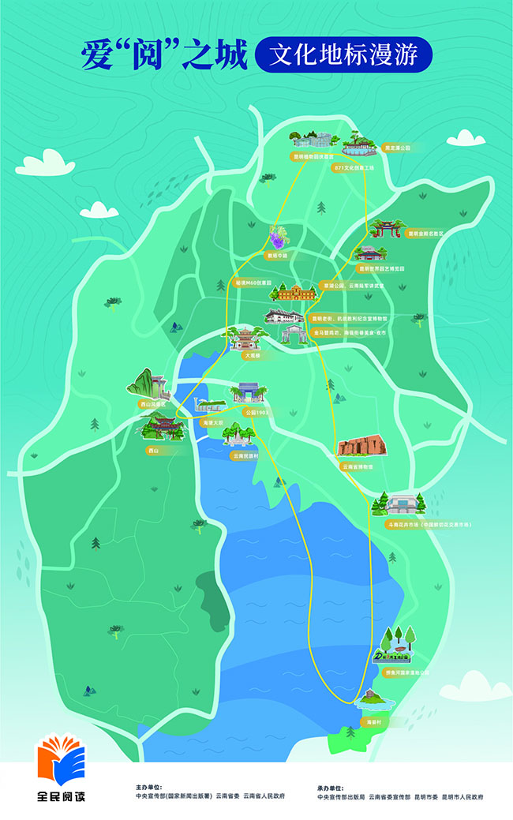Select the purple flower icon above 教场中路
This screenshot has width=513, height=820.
(276, 238)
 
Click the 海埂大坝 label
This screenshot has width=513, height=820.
(213, 423)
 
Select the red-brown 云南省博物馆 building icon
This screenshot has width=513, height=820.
(362, 447)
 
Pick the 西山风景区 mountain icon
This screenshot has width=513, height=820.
(149, 384)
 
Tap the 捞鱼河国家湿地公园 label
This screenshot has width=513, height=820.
(406, 672)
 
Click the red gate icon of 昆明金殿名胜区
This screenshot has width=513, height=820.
(386, 229)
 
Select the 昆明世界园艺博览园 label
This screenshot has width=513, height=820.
(381, 268)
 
